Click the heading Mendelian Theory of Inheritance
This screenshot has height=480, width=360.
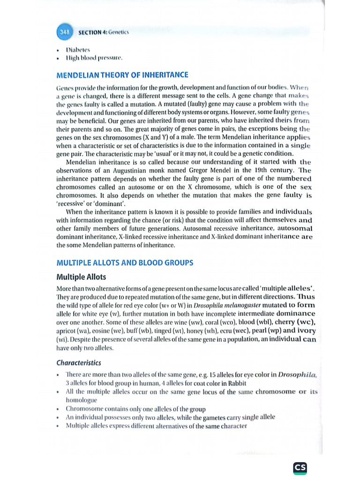tap(122, 75)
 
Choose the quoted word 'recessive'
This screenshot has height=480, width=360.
tap(71, 203)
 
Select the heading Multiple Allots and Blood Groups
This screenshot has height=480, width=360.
tap(125, 263)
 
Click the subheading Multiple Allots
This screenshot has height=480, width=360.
tap(81, 277)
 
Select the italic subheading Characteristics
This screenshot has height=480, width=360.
tap(78, 363)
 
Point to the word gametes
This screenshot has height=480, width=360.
tap(219, 417)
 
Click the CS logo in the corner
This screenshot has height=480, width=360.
tap(300, 467)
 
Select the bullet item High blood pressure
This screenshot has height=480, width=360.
tap(94, 59)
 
